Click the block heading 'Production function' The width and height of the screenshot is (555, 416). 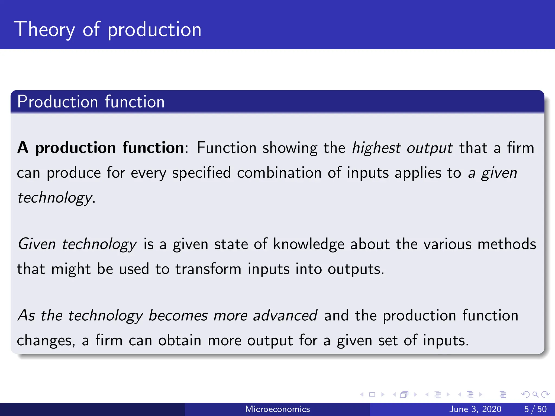(x=91, y=102)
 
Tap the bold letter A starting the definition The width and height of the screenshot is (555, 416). (x=23, y=148)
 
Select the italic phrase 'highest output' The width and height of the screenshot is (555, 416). (x=402, y=148)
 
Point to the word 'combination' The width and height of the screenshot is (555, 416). (x=279, y=173)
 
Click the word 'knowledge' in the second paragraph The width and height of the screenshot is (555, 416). (x=309, y=244)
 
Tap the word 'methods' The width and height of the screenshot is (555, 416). (x=506, y=244)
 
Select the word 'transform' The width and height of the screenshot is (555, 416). (x=208, y=269)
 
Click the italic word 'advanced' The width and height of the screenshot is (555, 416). (x=285, y=316)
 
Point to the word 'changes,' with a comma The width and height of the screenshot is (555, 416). (x=46, y=341)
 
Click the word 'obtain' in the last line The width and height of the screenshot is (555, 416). (x=180, y=340)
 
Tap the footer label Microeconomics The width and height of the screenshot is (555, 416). (x=277, y=409)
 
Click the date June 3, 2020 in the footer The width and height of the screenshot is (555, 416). (x=475, y=409)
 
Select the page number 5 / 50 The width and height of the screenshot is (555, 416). (x=535, y=409)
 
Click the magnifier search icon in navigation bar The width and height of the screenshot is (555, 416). (x=535, y=394)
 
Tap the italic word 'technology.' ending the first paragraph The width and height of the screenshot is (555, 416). (x=56, y=198)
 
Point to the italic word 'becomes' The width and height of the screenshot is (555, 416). (x=178, y=316)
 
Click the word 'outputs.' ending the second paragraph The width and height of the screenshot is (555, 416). (x=356, y=269)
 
